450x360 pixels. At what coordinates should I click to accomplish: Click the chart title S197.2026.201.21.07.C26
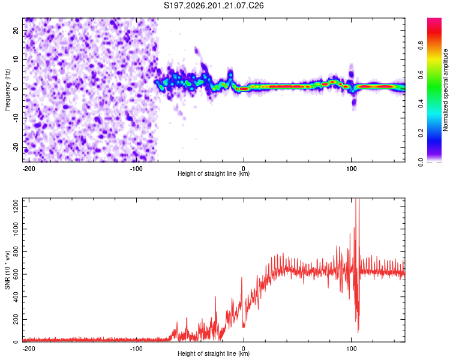coord(214,5)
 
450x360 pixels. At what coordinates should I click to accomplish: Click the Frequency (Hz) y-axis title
coord(7,90)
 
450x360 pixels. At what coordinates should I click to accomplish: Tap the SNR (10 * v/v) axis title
coord(7,270)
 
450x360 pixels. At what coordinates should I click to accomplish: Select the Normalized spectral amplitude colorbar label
coord(445,90)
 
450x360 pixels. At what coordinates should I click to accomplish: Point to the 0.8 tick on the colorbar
coord(421,45)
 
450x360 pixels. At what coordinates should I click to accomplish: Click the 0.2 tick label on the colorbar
coord(421,133)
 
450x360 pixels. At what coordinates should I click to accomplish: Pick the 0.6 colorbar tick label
coord(421,74)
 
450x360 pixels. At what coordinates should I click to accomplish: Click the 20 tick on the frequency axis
coord(16,30)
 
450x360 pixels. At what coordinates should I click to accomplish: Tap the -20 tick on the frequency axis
coord(16,147)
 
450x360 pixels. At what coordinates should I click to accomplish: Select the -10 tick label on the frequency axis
coord(16,118)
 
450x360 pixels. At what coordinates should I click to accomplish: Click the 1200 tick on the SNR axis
coord(16,206)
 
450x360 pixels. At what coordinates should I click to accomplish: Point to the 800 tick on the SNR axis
coord(16,251)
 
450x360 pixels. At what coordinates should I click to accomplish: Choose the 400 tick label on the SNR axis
coord(16,297)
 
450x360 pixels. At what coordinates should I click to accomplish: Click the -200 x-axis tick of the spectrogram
coord(29,169)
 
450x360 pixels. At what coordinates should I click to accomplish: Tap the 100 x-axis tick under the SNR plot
coord(351,349)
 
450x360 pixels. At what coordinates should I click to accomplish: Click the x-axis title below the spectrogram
coord(214,173)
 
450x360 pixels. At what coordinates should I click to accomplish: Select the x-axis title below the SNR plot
coord(214,353)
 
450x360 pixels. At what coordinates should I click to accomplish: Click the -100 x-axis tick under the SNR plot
coord(136,349)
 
